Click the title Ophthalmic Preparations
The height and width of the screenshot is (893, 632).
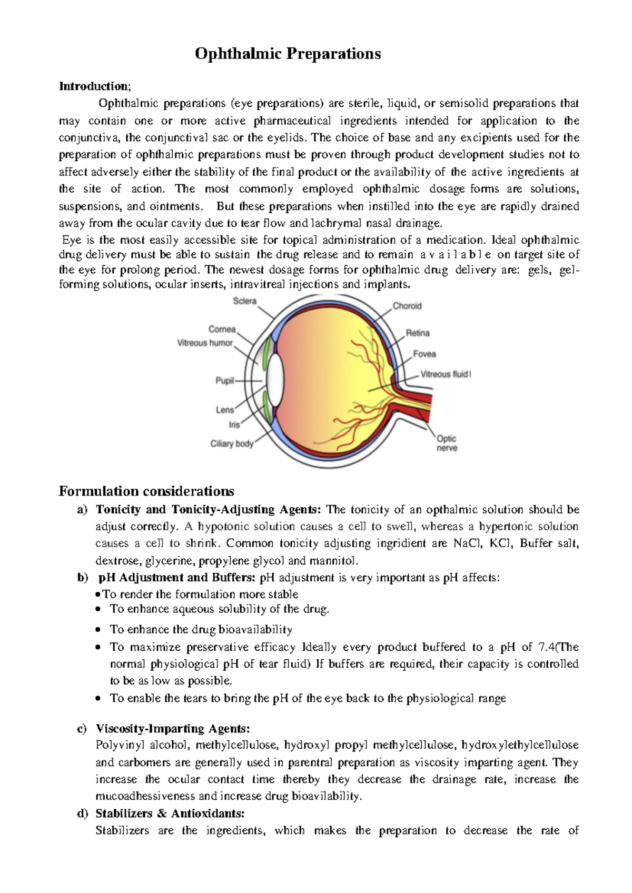[288, 54]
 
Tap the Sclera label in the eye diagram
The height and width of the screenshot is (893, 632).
[244, 301]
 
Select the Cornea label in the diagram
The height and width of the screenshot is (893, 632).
[222, 329]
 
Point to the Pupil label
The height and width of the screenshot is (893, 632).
[224, 381]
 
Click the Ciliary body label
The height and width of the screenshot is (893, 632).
[232, 444]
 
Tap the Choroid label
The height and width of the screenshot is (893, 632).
[407, 306]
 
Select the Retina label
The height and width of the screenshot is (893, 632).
[418, 333]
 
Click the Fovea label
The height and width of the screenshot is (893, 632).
[424, 354]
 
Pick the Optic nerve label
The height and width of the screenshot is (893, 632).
[447, 443]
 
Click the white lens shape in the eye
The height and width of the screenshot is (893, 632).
[275, 380]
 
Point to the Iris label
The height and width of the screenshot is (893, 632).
[234, 424]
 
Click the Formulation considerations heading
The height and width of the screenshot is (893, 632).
[146, 491]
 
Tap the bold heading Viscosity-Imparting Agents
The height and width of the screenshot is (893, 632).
[173, 729]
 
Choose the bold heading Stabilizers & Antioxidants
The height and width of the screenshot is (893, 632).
[170, 813]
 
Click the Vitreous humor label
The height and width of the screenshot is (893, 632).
[205, 343]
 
